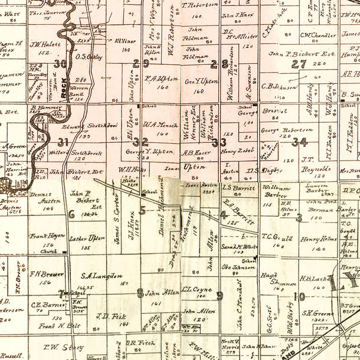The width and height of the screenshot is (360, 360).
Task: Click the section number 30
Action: coord(60,64)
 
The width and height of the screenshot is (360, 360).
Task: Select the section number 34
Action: coord(299,142)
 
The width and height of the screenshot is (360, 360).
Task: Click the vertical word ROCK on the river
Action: coord(64,87)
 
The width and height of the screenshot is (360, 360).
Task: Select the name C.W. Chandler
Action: coord(318,35)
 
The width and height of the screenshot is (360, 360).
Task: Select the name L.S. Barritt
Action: coord(238,187)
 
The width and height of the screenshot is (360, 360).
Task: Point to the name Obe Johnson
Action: coord(238,267)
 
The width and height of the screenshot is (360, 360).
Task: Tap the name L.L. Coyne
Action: coord(197,290)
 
